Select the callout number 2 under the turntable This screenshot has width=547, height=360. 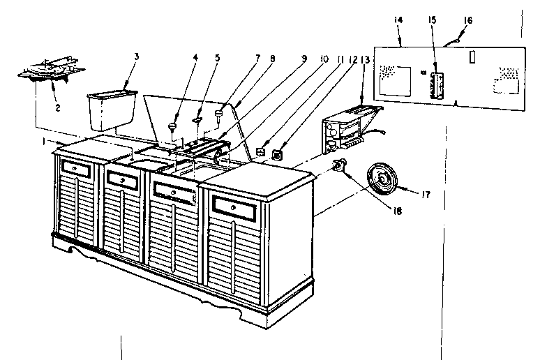point(58,108)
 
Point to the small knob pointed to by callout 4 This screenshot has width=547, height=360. point(172,126)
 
